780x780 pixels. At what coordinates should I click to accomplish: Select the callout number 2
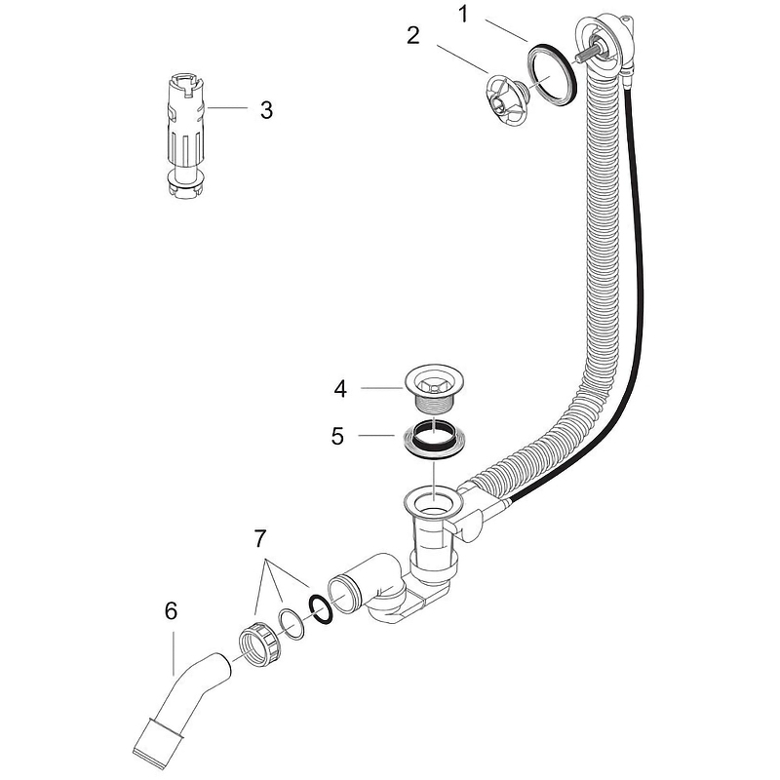click(x=413, y=36)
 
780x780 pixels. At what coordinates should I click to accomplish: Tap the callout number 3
click(x=265, y=108)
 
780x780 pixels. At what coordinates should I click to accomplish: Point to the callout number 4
click(x=339, y=388)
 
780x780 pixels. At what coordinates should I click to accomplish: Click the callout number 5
click(x=337, y=435)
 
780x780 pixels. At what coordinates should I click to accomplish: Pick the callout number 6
click(x=172, y=611)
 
